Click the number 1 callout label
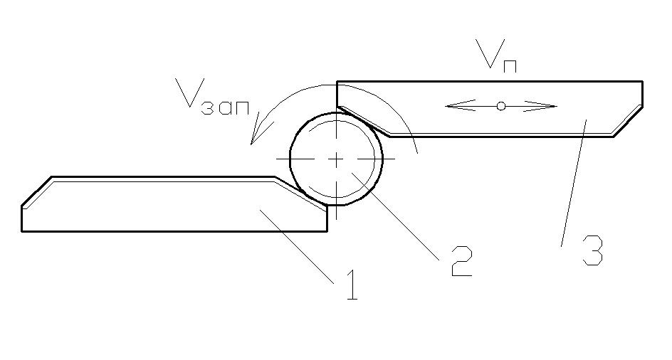(x=350, y=285)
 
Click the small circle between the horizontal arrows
(x=501, y=106)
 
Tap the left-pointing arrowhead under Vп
(x=456, y=106)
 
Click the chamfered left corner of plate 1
(x=36, y=192)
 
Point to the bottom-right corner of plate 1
(x=327, y=231)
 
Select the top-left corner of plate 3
(x=337, y=82)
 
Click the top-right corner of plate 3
(x=642, y=82)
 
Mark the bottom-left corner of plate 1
(x=22, y=231)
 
